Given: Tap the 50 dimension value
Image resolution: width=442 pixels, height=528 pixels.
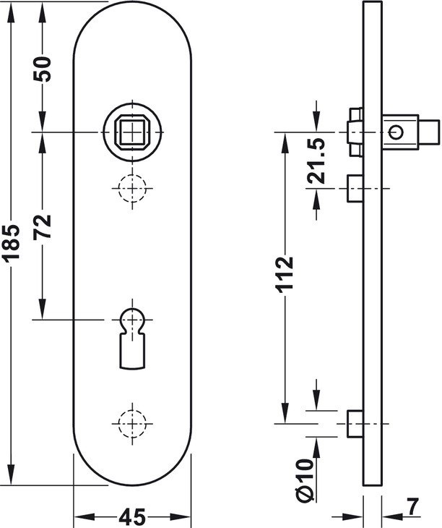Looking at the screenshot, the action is point(43,69).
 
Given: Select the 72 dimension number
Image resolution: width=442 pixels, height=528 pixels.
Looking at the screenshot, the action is point(43,226).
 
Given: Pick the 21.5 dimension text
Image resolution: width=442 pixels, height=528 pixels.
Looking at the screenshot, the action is point(316,161).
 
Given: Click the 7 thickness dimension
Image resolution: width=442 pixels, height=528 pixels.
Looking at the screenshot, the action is point(413,508).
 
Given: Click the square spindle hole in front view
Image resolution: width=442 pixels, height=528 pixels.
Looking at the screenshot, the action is point(132,132).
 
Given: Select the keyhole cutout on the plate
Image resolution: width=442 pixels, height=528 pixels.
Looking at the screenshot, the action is point(132,338).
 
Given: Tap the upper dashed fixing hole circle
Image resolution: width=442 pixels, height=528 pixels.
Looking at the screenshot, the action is point(132,188).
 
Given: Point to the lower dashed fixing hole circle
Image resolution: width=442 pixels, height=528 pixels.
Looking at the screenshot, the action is point(132,423).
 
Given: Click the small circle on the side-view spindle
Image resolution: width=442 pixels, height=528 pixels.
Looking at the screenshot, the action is point(396,132).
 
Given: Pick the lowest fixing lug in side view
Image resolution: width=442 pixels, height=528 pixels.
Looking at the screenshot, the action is point(355,424).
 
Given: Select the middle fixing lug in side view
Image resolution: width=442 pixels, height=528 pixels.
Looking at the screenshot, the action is point(355,188).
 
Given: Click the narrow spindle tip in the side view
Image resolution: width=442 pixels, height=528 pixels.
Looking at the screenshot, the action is point(428,132).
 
